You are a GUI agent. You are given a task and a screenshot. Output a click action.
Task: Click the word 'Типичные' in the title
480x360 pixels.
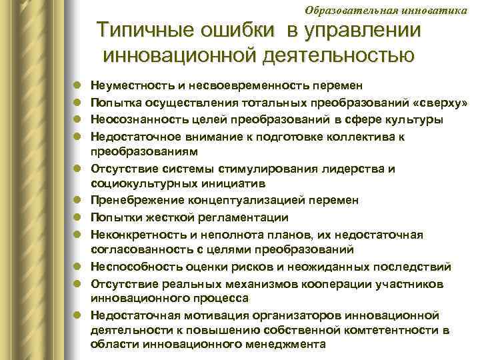pyautogui.click(x=141, y=31)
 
